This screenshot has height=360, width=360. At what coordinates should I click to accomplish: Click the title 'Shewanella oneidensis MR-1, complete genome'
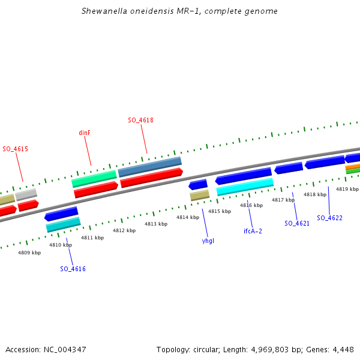pos(179,11)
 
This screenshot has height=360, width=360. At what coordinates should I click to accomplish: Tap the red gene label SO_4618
pos(140,120)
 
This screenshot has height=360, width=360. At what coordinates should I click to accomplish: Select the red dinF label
pos(85,133)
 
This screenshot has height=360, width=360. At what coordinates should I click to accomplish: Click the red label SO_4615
pos(15,149)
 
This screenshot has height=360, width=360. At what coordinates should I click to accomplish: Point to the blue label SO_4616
pos(73,269)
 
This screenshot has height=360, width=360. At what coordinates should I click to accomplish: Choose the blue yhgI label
pos(208,241)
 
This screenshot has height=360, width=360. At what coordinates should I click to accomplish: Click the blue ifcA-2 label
pos(253,231)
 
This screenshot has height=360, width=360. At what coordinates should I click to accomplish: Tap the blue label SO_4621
pos(297,223)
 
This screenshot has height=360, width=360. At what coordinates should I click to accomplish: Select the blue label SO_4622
pos(329,218)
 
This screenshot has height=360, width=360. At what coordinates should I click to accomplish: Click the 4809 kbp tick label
pos(29,253)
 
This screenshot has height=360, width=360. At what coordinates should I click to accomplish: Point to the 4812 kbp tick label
pos(124,230)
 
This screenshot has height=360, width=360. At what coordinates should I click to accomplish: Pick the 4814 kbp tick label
pos(187,217)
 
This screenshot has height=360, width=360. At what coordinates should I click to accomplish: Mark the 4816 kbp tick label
pos(251,205)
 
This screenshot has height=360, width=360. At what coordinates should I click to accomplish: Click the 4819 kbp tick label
pos(347,189)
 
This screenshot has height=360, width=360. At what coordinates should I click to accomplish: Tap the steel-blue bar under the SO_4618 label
pos(149,167)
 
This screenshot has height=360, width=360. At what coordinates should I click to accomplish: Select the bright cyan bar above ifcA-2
pos(245,186)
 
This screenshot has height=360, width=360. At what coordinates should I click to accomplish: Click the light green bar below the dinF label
pos(94,178)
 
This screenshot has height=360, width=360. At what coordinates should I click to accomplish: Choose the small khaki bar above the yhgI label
pos(199,195)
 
